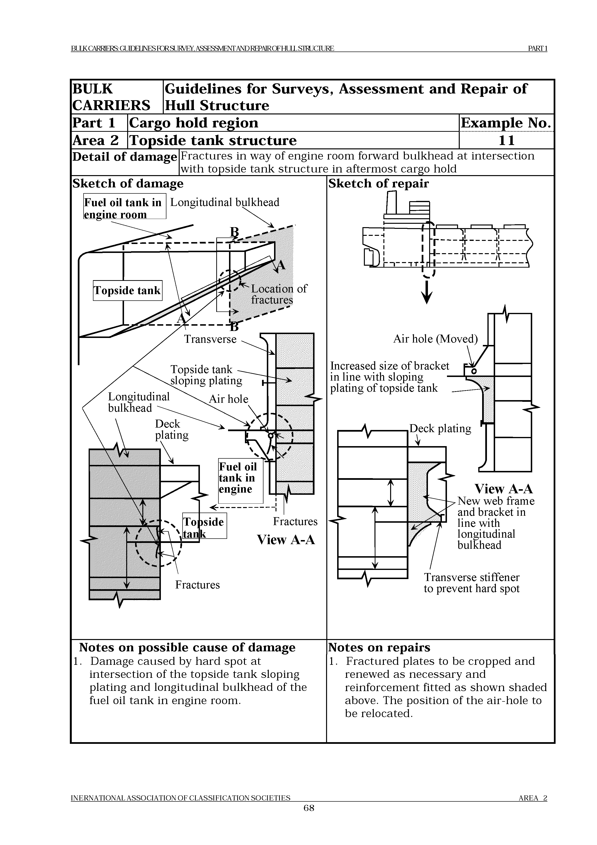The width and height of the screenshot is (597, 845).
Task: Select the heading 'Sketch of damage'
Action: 128,183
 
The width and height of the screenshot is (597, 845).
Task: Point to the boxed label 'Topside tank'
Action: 127,290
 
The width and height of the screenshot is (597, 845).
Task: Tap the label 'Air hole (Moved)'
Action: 435,339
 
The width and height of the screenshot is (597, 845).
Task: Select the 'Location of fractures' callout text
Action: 278,294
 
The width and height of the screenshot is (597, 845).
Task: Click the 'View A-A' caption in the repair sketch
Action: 503,489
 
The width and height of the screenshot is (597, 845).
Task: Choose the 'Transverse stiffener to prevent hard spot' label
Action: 471,583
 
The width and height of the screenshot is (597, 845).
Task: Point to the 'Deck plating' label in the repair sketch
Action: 440,428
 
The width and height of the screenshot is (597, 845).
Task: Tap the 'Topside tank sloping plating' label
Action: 206,375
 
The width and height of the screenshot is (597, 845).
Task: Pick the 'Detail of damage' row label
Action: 124,157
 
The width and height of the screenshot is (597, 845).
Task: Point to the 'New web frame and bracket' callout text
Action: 495,523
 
